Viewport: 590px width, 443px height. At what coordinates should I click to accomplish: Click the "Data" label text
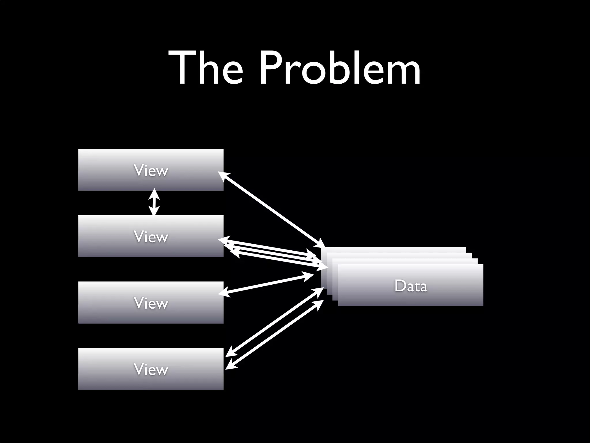pyautogui.click(x=411, y=286)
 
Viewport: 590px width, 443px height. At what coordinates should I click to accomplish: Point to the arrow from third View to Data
pyautogui.click(x=266, y=284)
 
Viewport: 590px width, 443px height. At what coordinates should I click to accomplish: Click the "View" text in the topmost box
pyautogui.click(x=151, y=170)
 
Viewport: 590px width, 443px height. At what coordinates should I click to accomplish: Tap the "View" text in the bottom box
pyautogui.click(x=151, y=369)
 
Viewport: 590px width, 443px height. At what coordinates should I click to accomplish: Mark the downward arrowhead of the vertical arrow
pyautogui.click(x=154, y=211)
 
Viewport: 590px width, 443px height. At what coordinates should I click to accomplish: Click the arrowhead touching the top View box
pyautogui.click(x=223, y=175)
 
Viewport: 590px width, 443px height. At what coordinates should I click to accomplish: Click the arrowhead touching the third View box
pyautogui.click(x=224, y=293)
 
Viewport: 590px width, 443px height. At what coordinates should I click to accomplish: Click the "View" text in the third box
pyautogui.click(x=151, y=303)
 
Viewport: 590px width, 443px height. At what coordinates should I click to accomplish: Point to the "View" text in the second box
pyautogui.click(x=151, y=237)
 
